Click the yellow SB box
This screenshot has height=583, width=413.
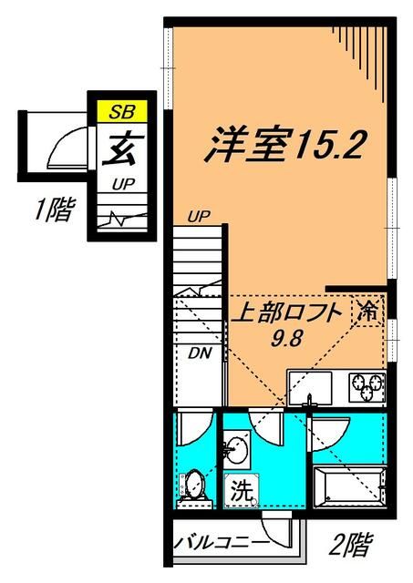119,112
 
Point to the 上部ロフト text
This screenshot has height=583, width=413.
289,312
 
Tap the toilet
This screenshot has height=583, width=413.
192,484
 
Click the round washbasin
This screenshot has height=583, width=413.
239,448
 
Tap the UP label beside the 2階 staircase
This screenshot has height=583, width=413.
198,216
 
